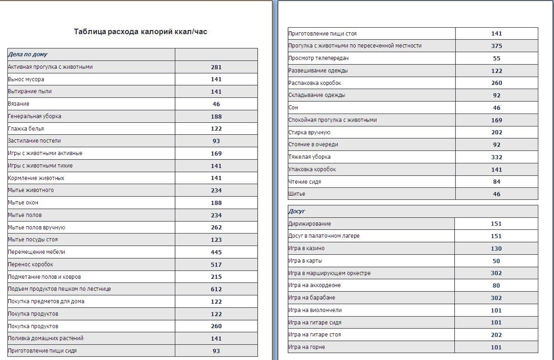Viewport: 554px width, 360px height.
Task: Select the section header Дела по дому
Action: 28,54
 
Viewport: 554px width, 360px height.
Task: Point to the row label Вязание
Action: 18,104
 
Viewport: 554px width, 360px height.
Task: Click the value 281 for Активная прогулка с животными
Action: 216,67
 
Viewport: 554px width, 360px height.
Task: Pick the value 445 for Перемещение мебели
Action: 216,252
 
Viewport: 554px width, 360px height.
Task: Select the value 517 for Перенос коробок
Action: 216,264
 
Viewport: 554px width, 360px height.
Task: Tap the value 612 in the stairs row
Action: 216,289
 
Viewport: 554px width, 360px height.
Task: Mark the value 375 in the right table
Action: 496,46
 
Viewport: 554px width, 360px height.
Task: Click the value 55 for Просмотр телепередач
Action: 496,59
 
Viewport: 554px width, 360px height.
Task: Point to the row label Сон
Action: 293,108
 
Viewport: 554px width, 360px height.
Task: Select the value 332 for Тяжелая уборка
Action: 496,157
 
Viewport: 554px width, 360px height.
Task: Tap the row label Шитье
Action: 296,194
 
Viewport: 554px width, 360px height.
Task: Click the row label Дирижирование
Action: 309,224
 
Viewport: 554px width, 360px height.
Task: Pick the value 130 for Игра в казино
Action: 496,248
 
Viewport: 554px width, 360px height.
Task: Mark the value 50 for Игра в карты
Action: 496,261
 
